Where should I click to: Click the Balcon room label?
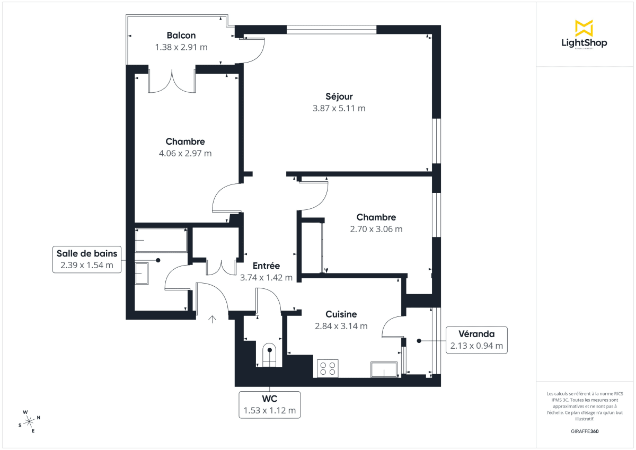181,36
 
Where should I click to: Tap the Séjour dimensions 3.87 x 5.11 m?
339,108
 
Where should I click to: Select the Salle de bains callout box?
87,259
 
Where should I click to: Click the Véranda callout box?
476,341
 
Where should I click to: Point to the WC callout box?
270,404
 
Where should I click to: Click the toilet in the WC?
270,355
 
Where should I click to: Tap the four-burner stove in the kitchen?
328,368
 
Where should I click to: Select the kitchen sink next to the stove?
384,369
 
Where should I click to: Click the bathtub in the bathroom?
161,241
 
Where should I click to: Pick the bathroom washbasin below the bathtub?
143,273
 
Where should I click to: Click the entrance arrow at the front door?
213,319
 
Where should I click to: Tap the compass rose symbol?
30,421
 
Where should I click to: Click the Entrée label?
266,266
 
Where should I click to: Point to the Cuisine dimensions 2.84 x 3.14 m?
341,326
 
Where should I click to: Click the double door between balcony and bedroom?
172,81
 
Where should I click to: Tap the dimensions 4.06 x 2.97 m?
185,153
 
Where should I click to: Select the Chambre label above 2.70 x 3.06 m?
376,217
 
